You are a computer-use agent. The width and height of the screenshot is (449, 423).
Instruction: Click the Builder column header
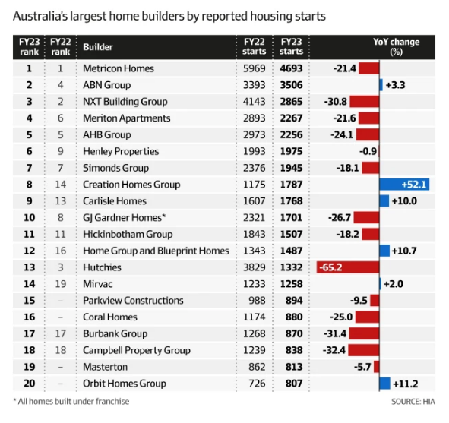coord(98,47)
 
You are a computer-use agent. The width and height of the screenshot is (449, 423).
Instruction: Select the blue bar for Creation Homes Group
coord(404,185)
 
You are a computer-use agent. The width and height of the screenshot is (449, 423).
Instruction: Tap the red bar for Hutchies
coord(348,267)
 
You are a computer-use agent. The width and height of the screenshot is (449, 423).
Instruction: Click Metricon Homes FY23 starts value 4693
coord(291,68)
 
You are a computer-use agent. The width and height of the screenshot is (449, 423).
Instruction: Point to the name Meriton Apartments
coord(127,118)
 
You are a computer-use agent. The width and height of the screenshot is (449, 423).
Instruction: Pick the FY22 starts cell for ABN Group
coord(255,85)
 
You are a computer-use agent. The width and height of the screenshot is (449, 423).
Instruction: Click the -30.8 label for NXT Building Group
coord(335,102)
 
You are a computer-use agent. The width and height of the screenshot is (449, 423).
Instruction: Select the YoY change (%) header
coord(397,46)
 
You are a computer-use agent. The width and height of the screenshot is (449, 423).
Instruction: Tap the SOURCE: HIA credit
coord(413,402)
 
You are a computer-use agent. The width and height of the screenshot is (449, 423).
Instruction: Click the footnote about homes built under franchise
coord(71,401)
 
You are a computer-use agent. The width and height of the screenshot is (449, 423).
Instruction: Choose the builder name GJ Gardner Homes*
coord(125,218)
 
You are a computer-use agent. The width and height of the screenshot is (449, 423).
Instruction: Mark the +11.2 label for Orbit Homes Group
coord(406,384)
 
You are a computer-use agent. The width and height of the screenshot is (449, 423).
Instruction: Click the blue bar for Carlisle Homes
coord(384,201)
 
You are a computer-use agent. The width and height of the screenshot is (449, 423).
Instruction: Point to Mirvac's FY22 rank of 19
coord(61,284)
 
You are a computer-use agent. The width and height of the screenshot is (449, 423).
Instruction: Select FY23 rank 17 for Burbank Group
coord(29,333)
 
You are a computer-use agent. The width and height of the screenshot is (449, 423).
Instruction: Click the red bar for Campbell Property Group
coord(364,350)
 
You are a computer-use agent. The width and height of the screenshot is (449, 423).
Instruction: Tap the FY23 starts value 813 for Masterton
coord(294,367)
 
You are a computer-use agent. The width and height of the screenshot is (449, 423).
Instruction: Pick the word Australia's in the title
coord(40,16)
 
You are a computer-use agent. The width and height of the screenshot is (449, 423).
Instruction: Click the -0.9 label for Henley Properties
coord(368,151)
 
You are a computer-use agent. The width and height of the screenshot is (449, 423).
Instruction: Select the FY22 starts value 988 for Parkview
coord(257,301)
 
